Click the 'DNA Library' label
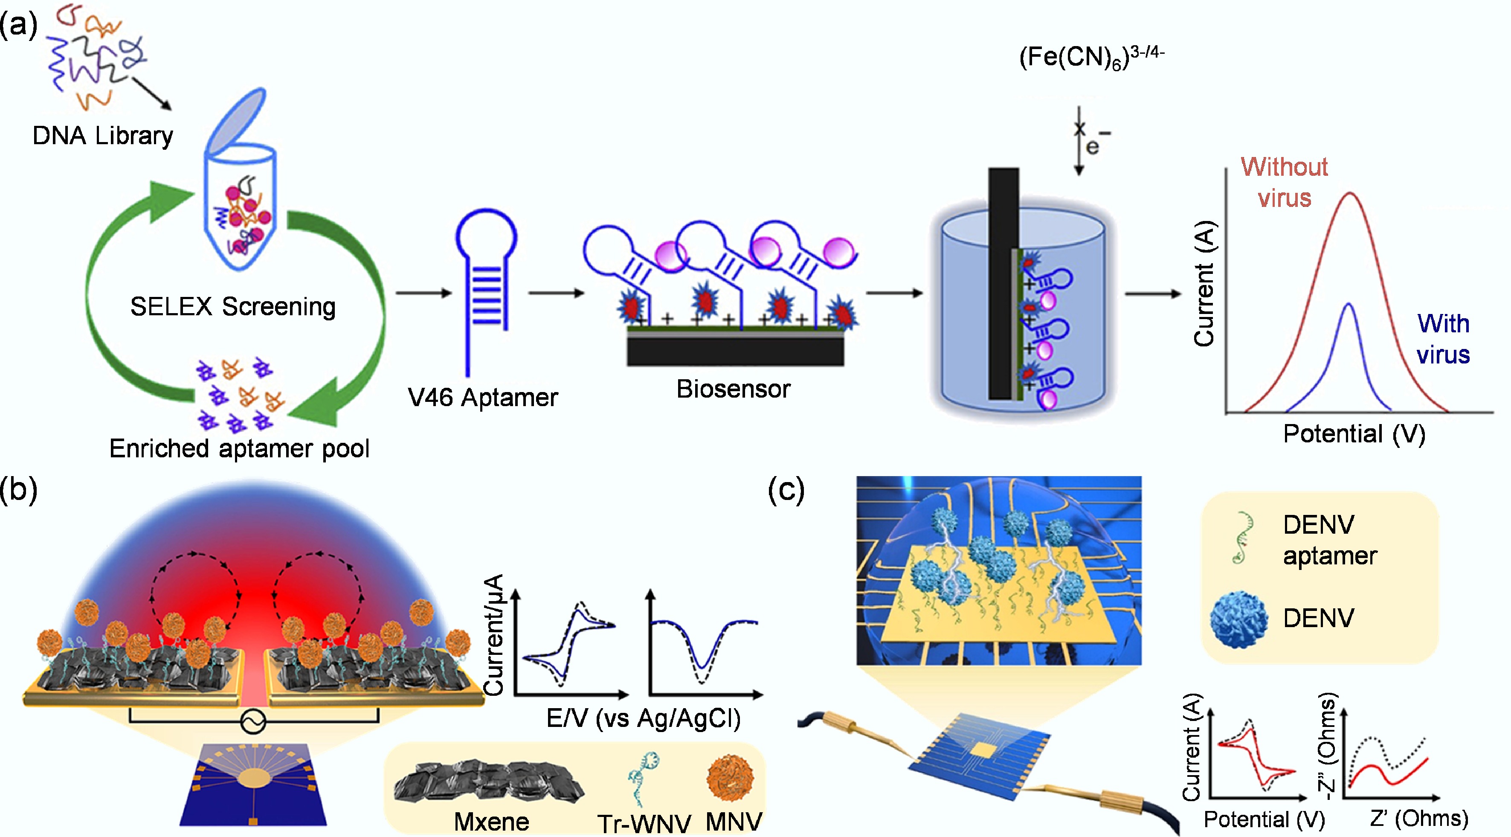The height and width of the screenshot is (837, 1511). click(x=103, y=136)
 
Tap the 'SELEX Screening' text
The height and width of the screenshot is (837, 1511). click(x=233, y=306)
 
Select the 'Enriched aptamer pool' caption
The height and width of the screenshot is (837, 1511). click(x=239, y=449)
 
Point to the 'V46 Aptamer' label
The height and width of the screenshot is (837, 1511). click(x=483, y=398)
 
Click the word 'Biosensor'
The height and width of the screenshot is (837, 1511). click(x=733, y=389)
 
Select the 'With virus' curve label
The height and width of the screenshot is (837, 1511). click(x=1443, y=339)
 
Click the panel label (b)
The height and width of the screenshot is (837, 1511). click(x=19, y=489)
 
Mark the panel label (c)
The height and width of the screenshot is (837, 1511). click(x=786, y=489)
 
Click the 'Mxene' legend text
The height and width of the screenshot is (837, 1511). click(x=492, y=821)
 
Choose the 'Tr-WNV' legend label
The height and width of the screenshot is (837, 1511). click(x=644, y=823)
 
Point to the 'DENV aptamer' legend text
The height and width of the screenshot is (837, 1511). click(x=1330, y=540)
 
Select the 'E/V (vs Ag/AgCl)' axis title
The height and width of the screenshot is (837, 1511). click(x=644, y=718)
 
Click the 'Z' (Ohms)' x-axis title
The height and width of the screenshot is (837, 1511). click(x=1419, y=818)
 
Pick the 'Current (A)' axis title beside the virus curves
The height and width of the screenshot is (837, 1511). click(x=1204, y=283)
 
